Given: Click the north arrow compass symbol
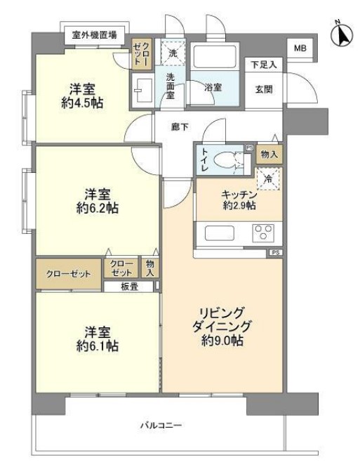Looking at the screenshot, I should pyautogui.click(x=340, y=33).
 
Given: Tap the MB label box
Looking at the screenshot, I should pyautogui.click(x=300, y=48).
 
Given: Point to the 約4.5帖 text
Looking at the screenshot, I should pyautogui.click(x=81, y=103).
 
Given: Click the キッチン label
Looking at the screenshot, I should pyautogui.click(x=239, y=193).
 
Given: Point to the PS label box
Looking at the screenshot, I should pyautogui.click(x=274, y=253).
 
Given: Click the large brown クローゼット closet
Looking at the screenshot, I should pyautogui.click(x=68, y=273).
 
